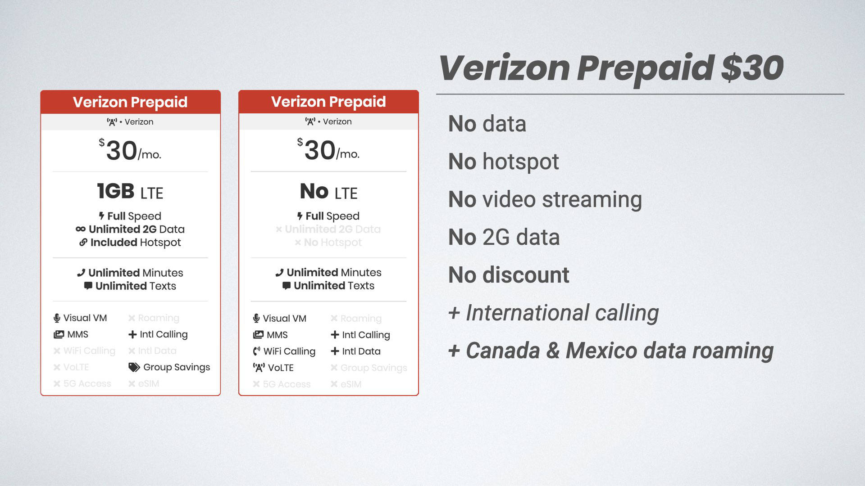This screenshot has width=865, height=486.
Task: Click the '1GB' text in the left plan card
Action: click(116, 191)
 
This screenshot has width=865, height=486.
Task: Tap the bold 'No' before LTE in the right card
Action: click(314, 191)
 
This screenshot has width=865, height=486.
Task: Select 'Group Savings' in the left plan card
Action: click(176, 367)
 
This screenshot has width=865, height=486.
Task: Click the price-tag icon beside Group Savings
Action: click(134, 367)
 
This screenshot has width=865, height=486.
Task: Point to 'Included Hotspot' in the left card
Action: click(135, 243)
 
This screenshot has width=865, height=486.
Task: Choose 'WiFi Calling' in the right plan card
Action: click(289, 351)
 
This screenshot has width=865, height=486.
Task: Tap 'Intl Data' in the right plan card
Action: click(361, 351)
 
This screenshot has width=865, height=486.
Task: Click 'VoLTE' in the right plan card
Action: click(280, 368)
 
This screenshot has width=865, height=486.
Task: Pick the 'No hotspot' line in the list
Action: click(503, 162)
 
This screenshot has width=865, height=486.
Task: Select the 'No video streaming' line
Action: click(545, 199)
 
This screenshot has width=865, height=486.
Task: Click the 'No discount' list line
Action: click(509, 275)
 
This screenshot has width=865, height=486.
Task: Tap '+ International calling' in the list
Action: click(553, 313)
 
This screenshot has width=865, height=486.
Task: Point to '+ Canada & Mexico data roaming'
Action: click(610, 351)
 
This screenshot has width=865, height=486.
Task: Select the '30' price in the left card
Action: click(122, 150)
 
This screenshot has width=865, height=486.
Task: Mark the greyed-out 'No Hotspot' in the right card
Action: click(332, 243)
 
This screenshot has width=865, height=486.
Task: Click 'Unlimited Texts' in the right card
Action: click(333, 286)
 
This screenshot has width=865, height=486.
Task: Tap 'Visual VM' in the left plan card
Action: click(85, 318)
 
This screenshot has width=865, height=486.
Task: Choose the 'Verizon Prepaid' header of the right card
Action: click(328, 102)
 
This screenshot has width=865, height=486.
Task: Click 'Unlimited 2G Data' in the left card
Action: click(136, 229)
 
